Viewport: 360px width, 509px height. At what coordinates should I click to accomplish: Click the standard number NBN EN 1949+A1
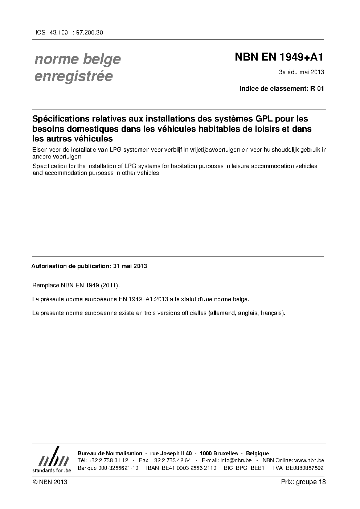[279, 57]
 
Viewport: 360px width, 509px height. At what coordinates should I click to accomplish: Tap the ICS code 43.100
[58, 32]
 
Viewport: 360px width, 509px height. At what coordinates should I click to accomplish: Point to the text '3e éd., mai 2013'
[301, 72]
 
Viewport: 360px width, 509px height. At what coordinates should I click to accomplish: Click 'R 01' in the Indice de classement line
[317, 89]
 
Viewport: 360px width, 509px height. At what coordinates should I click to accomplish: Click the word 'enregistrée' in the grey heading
[73, 76]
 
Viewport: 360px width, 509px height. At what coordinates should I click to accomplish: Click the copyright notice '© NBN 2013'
[50, 482]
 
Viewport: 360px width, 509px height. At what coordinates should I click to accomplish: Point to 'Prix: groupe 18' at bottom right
[303, 482]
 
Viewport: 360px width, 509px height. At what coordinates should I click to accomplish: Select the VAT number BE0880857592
[304, 468]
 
